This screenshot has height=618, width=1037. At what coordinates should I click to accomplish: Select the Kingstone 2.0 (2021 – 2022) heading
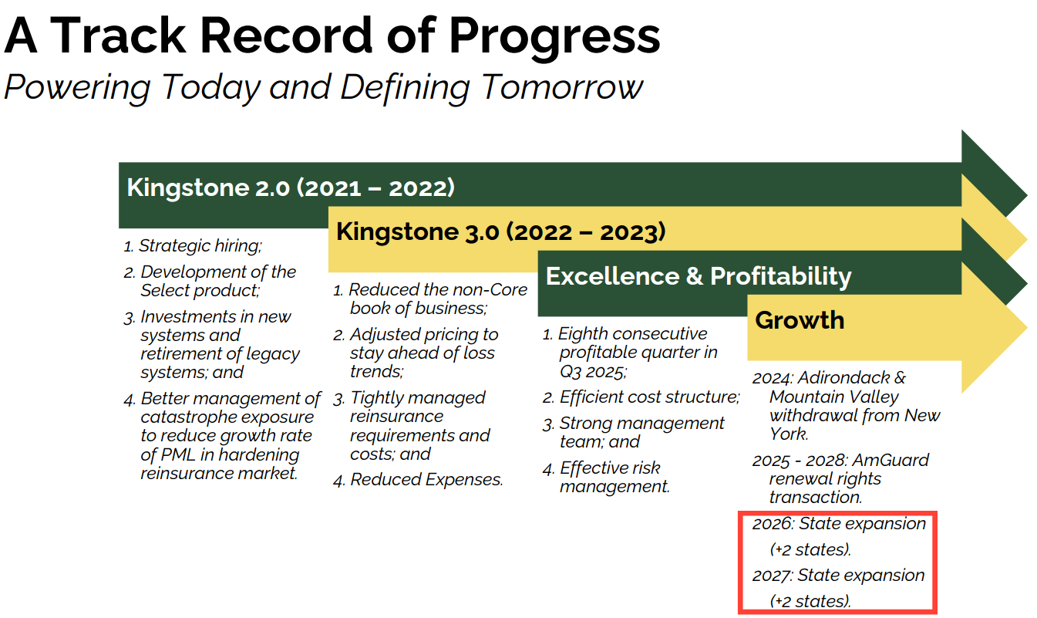point(290,187)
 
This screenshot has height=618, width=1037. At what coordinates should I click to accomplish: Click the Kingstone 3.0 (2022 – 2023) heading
point(500,231)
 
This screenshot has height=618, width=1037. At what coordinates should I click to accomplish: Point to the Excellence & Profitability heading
point(698,276)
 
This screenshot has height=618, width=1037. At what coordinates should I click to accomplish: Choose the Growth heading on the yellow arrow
point(800,320)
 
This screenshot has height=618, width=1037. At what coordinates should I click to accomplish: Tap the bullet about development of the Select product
point(217,281)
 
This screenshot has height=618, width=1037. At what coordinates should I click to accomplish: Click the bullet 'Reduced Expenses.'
point(426,480)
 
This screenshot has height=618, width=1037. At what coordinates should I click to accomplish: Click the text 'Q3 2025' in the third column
point(591,371)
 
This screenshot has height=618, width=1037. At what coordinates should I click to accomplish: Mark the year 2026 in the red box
point(773,524)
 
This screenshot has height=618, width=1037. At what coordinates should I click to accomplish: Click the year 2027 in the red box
point(772,576)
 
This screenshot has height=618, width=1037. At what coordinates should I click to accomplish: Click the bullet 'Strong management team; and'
point(641,432)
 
